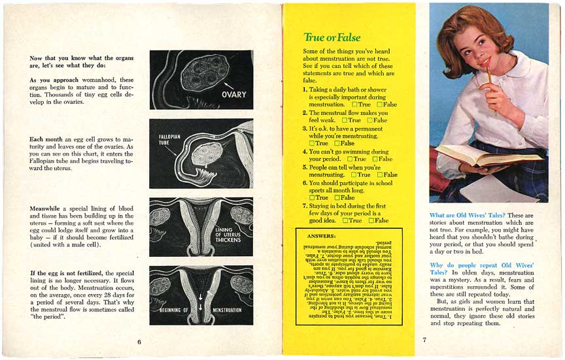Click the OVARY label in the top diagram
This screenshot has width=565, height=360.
[x=233, y=95]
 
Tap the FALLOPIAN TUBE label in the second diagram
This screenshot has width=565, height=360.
[x=170, y=140]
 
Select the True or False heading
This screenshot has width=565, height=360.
[x=332, y=37]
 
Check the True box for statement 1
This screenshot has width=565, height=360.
[x=354, y=105]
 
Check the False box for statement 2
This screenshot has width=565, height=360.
[x=370, y=120]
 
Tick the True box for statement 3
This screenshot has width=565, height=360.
[x=312, y=143]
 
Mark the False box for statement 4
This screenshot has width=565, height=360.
[x=375, y=159]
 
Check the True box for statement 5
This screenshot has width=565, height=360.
[x=354, y=174]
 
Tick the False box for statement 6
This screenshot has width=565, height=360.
[x=337, y=197]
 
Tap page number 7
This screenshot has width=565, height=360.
[x=424, y=339]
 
